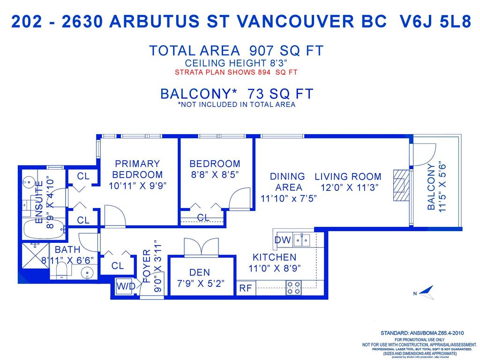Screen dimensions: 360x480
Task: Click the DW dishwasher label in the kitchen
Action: pos(283,240)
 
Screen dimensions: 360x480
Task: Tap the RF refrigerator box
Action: pos(246,288)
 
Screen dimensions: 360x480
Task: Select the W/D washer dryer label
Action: pos(126,286)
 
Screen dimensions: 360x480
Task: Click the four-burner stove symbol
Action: pos(293,287)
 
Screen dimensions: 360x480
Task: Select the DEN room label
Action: pos(200,272)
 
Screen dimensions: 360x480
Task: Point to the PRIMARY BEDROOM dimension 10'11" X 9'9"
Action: pos(137,185)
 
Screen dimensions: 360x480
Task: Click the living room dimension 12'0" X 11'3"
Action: pos(347,187)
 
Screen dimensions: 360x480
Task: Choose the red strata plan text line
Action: pos(236,72)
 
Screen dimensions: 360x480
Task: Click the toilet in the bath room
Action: pos(61,271)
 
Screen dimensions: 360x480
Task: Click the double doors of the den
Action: pos(201,247)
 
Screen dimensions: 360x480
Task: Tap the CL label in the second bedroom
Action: pos(203,217)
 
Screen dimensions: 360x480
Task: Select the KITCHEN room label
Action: pos(274,257)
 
